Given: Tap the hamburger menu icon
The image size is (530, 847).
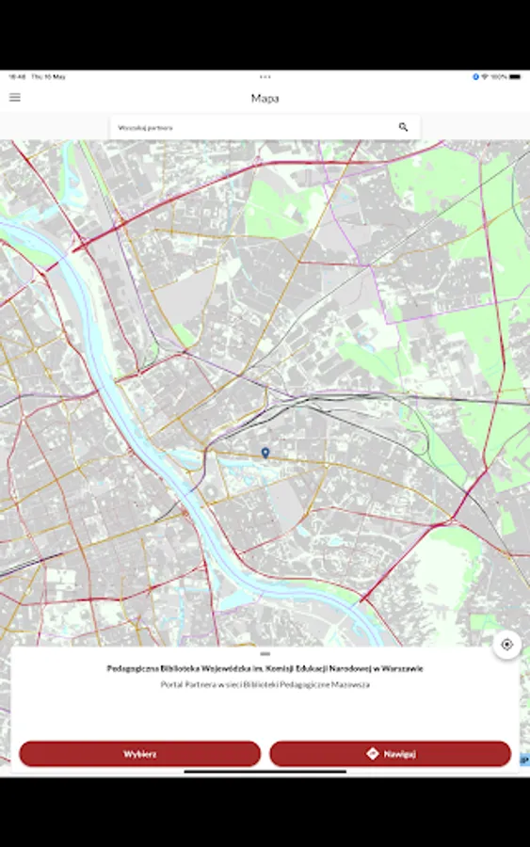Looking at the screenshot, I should [x=15, y=97].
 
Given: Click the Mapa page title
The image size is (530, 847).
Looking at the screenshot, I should [x=265, y=98].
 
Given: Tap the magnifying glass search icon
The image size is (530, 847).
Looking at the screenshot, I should [x=403, y=127].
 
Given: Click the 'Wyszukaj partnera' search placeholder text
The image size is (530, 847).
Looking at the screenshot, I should [x=145, y=127].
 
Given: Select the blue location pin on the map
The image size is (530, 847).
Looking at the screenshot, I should [x=265, y=453].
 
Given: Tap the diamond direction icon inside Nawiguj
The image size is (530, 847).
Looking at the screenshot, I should [x=372, y=754].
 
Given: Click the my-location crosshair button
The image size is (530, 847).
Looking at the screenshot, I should [x=506, y=645].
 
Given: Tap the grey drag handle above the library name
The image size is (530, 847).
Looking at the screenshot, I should [x=265, y=653].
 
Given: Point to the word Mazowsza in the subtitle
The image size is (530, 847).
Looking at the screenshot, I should [x=351, y=684].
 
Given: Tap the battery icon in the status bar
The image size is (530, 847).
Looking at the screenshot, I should [x=515, y=76].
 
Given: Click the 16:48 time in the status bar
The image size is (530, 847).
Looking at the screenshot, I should [x=16, y=76].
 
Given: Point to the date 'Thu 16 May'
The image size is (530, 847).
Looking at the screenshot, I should [x=48, y=76].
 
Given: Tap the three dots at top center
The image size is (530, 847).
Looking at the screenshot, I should [x=265, y=76].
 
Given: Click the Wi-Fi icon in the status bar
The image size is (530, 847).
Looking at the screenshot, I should [x=485, y=76].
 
